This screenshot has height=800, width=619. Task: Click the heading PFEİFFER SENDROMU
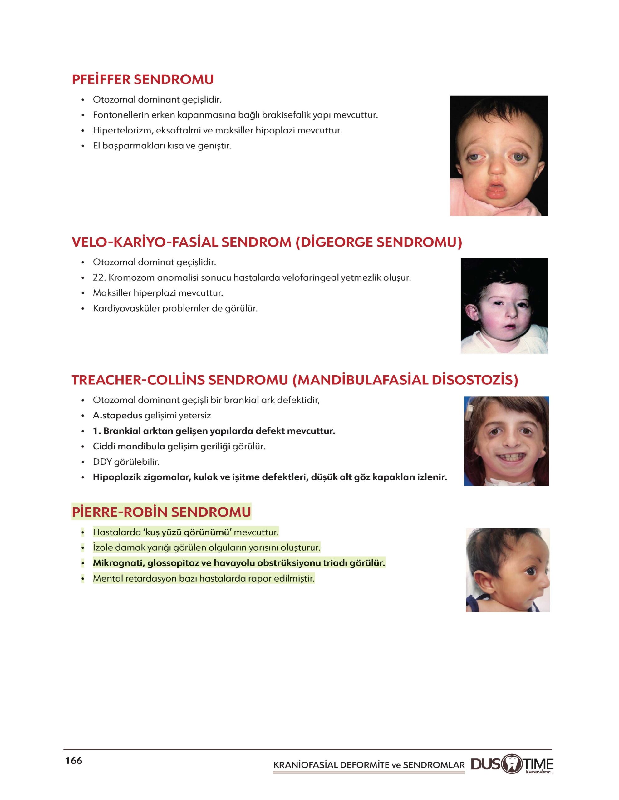point(143,79)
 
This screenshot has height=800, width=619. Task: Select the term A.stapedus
point(117,415)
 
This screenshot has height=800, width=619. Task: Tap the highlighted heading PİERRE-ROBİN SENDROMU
point(161,512)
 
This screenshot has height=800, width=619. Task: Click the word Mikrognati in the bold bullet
point(117,563)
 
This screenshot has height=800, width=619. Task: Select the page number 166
point(74,760)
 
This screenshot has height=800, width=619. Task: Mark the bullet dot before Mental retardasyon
point(83,579)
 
